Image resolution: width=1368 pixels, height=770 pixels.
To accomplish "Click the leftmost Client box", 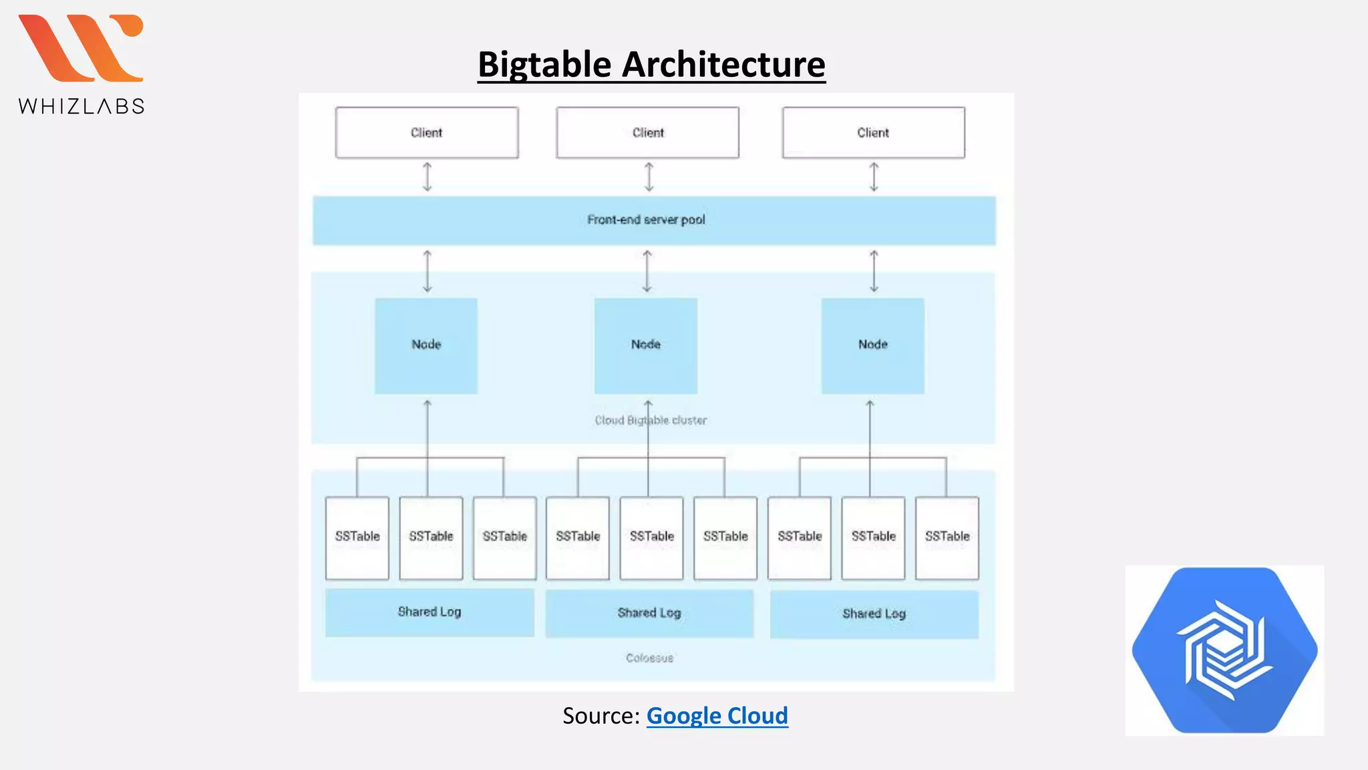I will click(427, 132).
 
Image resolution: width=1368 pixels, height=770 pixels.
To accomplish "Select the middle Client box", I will click(647, 132).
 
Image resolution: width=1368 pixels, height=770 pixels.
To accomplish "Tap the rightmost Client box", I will click(873, 132).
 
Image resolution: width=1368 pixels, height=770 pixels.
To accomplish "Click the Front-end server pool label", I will click(646, 220).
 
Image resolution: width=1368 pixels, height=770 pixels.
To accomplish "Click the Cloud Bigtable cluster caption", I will click(651, 420).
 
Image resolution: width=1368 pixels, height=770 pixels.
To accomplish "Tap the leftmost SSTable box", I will click(357, 537).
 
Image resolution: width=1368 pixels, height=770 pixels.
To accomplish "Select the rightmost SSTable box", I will click(947, 537).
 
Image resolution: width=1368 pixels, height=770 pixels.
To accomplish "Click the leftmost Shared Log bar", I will click(430, 612).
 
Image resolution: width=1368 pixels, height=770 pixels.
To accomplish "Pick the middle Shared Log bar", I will click(649, 613).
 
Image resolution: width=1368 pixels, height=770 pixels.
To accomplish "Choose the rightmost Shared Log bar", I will click(874, 614).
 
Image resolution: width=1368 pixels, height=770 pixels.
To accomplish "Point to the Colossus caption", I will click(649, 658).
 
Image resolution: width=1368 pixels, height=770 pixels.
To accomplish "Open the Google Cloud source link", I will click(717, 716).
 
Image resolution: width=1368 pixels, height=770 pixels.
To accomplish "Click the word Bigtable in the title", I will click(544, 65).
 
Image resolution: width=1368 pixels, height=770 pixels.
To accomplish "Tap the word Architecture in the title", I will click(723, 65).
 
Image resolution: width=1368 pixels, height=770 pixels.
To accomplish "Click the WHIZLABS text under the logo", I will click(81, 106).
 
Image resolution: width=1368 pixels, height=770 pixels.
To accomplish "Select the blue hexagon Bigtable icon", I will click(1224, 650).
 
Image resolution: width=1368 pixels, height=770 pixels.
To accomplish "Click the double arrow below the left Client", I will click(427, 177).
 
